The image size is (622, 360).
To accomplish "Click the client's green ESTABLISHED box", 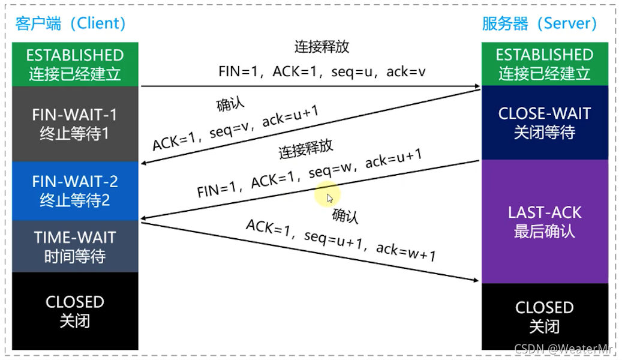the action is click(75, 64).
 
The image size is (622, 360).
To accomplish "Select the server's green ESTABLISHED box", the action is click(544, 64).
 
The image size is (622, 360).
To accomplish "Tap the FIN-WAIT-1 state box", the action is click(75, 124).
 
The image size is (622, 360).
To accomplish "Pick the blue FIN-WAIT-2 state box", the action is click(75, 190).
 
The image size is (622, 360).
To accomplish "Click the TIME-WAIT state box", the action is click(75, 247).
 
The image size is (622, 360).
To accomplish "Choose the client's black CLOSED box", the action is click(75, 311).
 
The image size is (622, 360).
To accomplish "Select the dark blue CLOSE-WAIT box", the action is click(544, 122).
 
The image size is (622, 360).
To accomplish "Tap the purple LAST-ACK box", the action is click(544, 221).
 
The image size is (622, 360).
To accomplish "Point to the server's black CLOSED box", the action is click(544, 316).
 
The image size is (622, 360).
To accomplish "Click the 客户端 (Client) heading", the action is click(71, 23).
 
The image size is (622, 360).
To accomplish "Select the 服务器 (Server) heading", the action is click(540, 23).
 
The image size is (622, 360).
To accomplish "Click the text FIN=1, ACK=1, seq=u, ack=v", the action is click(322, 72).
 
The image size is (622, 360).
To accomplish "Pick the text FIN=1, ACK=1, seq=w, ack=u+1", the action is click(310, 173).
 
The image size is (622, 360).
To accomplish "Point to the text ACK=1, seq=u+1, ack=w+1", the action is click(341, 241).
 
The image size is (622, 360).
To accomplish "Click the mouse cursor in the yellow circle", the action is click(329, 197).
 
